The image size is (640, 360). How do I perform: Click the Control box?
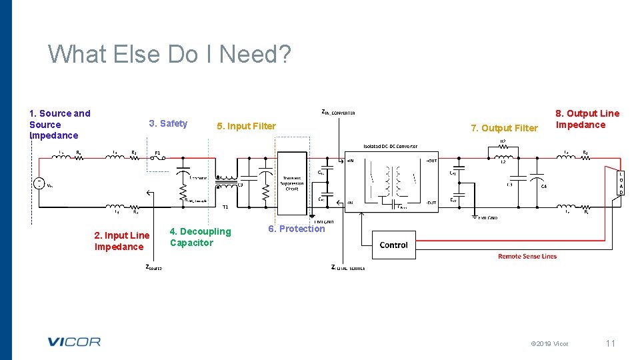pyautogui.click(x=393, y=245)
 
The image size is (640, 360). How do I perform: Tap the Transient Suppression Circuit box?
pyautogui.click(x=291, y=183)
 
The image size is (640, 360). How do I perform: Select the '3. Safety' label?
pyautogui.click(x=168, y=123)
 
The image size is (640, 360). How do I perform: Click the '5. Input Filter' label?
pyautogui.click(x=246, y=126)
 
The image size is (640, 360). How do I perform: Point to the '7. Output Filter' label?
pyautogui.click(x=504, y=128)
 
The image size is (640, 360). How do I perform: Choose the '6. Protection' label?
pyautogui.click(x=296, y=229)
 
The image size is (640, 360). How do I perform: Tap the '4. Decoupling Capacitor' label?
pyautogui.click(x=200, y=237)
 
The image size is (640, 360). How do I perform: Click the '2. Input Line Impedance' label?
pyautogui.click(x=121, y=241)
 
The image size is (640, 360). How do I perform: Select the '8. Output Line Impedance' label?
pyautogui.click(x=587, y=119)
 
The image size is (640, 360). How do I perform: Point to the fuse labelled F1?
pyautogui.click(x=158, y=159)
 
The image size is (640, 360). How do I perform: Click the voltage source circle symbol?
pyautogui.click(x=39, y=183)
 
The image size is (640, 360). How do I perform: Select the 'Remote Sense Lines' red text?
pyautogui.click(x=527, y=256)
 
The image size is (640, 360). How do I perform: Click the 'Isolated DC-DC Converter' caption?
pyautogui.click(x=390, y=146)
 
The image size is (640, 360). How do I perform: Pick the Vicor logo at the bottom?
pyautogui.click(x=73, y=342)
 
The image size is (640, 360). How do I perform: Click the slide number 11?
pyautogui.click(x=610, y=343)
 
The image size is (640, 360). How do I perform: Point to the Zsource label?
pyautogui.click(x=153, y=267)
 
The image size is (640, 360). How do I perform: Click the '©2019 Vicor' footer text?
pyautogui.click(x=549, y=344)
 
